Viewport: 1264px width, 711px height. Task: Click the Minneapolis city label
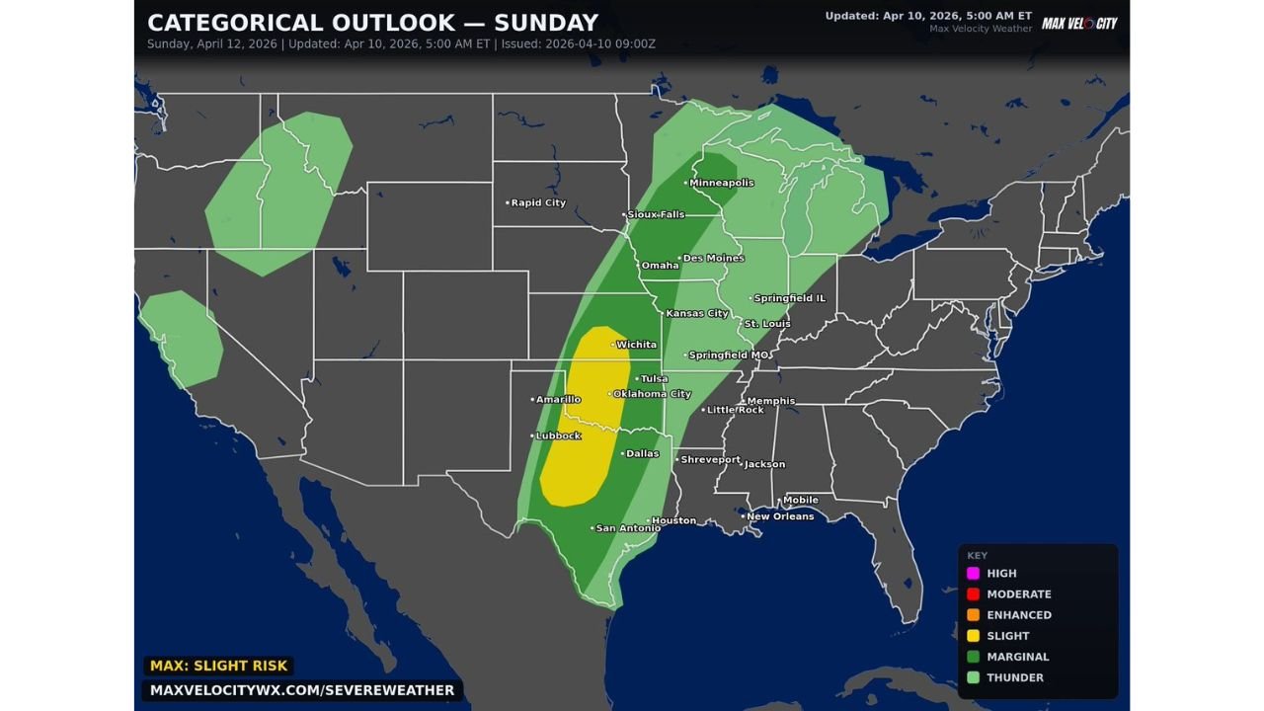click(721, 183)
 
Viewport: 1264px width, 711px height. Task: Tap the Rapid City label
click(538, 202)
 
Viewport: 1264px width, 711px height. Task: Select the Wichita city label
click(636, 345)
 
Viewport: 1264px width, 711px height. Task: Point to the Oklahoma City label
click(652, 394)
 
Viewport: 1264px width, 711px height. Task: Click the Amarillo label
click(558, 399)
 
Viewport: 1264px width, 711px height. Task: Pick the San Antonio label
click(628, 528)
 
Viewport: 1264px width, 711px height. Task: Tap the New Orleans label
click(780, 516)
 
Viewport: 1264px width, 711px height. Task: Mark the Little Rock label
click(736, 410)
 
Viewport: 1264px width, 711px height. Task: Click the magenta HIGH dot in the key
click(973, 573)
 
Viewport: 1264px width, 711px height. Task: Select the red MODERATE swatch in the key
click(973, 593)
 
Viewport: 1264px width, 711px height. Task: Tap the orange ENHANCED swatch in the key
click(973, 614)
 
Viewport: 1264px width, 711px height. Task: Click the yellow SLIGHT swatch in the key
click(973, 636)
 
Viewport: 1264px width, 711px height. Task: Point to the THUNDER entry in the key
click(1014, 677)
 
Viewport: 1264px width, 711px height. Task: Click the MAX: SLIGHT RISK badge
click(217, 667)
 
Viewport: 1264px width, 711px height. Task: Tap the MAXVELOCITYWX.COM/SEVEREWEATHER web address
click(302, 690)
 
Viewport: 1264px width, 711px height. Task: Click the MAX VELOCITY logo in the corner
click(1079, 23)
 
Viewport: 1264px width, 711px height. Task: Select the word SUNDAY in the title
click(548, 23)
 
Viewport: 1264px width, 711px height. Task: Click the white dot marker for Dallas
click(622, 454)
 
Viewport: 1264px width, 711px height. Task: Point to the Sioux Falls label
click(656, 214)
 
